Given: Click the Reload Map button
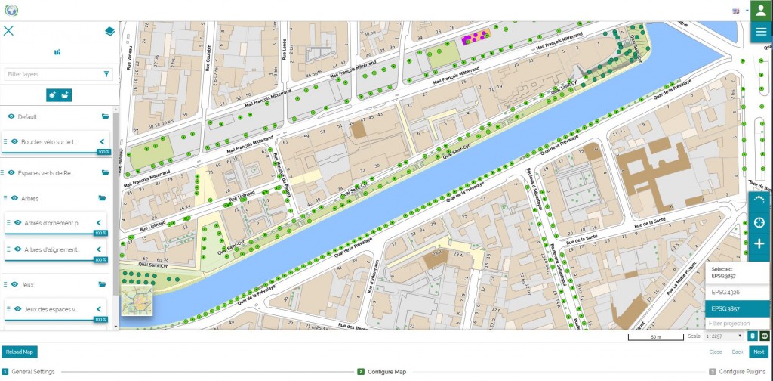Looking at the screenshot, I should [19, 352].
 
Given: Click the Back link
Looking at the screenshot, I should [738, 352].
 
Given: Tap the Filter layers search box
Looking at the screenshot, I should [53, 74].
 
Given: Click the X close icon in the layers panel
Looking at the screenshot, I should [9, 31].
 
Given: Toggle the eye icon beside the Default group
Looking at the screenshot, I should [11, 117].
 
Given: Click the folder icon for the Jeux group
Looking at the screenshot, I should [105, 284].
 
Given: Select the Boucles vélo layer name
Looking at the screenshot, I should [49, 141].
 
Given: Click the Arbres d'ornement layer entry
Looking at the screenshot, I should [53, 222].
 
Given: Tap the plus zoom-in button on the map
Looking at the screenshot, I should [759, 244].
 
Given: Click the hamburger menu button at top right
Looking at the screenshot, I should [760, 31].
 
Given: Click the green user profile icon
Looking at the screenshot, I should [760, 11].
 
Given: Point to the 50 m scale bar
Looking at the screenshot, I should [655, 336].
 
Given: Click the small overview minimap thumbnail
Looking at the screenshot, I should [137, 300].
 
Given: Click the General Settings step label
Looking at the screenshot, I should [32, 372].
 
